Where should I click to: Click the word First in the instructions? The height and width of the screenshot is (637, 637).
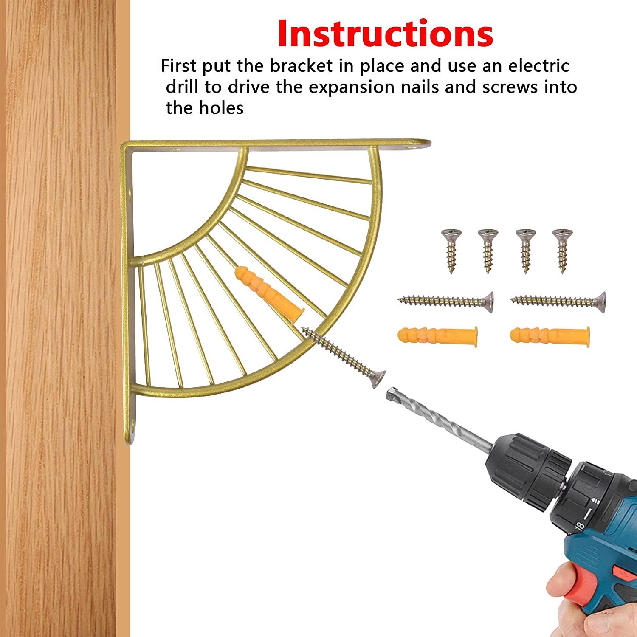[x=179, y=66]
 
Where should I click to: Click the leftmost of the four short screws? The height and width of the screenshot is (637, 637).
[x=451, y=251]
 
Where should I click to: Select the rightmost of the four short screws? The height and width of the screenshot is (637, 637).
[x=562, y=251]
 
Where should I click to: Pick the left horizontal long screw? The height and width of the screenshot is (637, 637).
[x=446, y=301]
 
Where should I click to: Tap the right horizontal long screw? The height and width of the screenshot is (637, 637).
[x=558, y=301]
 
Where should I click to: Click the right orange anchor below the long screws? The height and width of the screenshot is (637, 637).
[x=550, y=337]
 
